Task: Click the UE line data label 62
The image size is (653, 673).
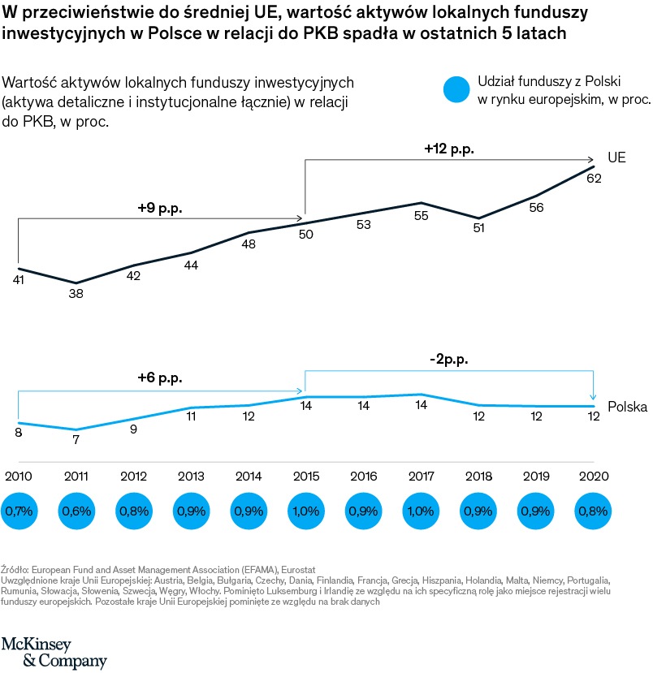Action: click(593, 179)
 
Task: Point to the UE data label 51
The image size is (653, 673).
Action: click(478, 228)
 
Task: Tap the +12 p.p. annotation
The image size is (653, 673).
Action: click(448, 149)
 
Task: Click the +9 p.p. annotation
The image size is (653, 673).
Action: click(160, 208)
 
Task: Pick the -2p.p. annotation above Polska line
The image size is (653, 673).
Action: click(448, 359)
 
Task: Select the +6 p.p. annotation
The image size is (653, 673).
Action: click(160, 378)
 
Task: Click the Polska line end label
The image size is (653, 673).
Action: click(627, 407)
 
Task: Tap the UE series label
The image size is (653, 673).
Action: click(616, 157)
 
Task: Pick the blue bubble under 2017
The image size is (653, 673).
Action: click(421, 512)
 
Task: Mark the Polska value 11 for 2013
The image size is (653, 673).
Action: click(191, 416)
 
